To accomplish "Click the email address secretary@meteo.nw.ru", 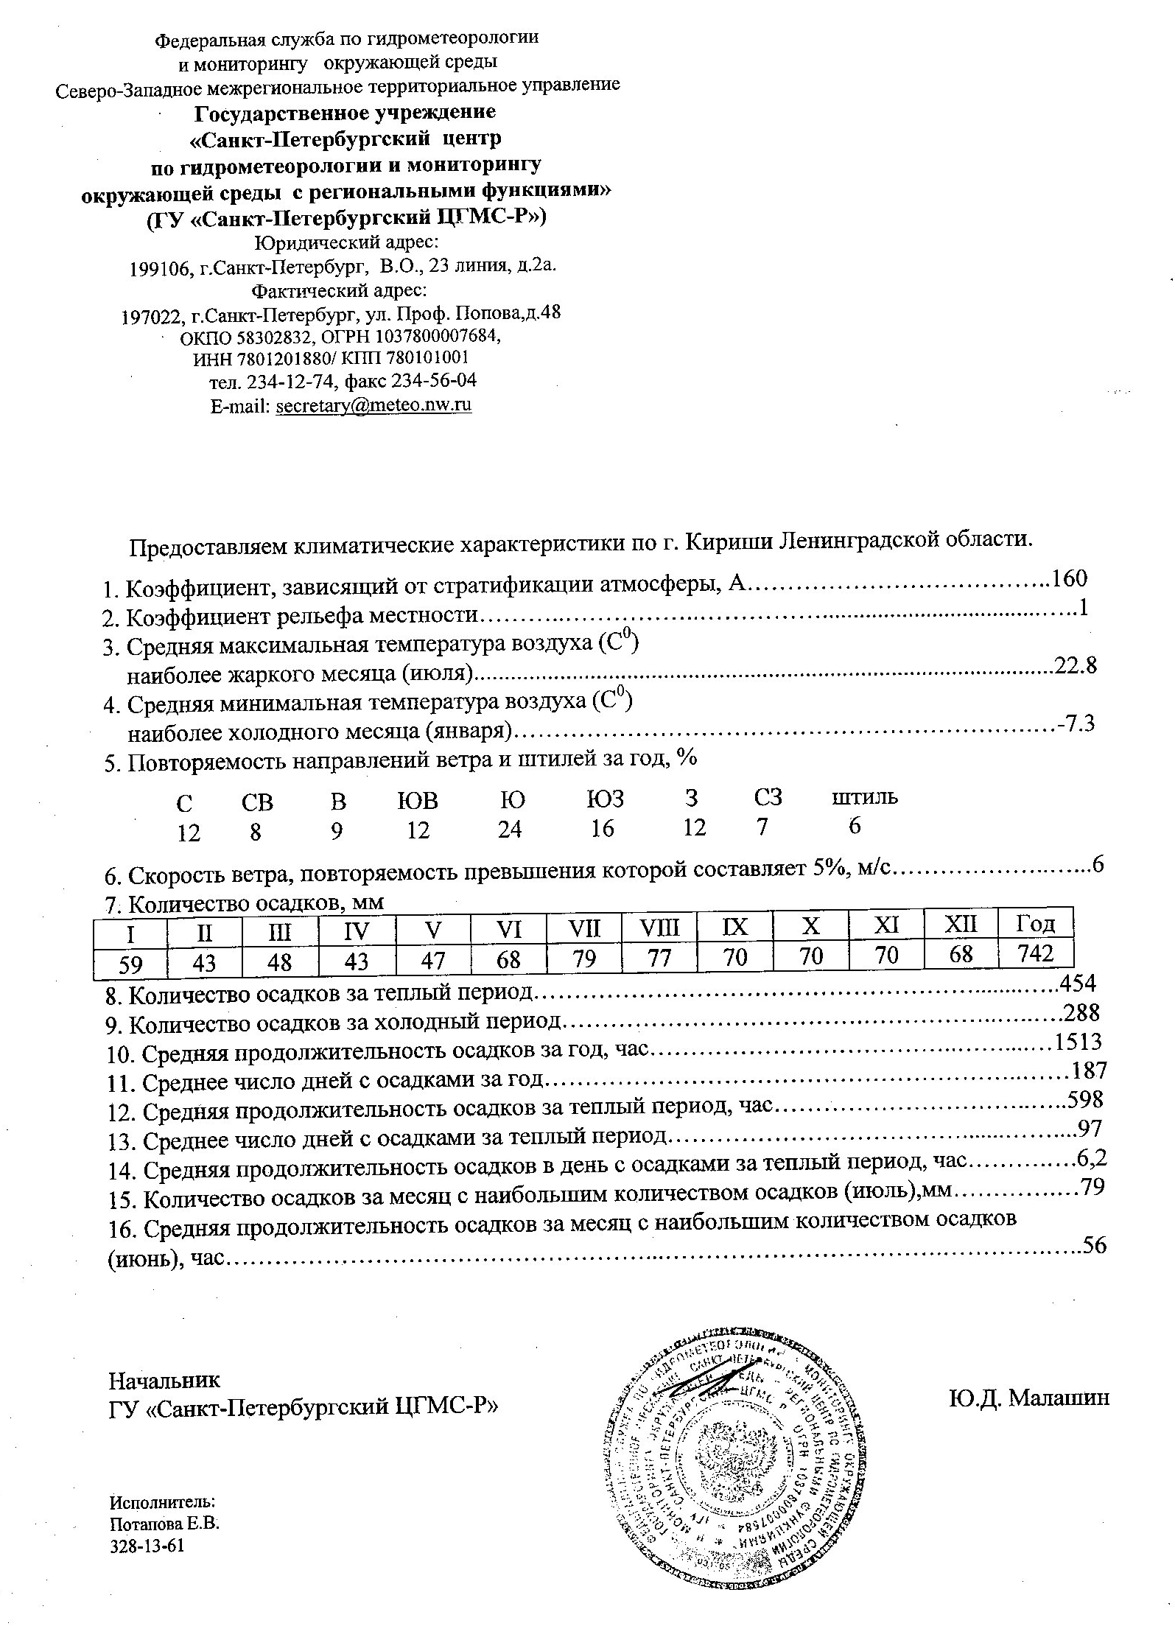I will coord(373,406).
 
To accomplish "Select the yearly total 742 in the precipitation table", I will coord(1035,954).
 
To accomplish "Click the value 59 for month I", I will coord(130,963).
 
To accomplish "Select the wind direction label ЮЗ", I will coord(605,799).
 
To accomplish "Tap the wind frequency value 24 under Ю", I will coord(509,830).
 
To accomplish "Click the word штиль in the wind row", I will coord(865,797).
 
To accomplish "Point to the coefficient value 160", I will coord(1070,579).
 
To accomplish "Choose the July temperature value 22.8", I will coord(1076,666).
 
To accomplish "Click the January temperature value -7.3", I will coord(1076,724).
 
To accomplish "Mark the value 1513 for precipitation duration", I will coord(1078,1042).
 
